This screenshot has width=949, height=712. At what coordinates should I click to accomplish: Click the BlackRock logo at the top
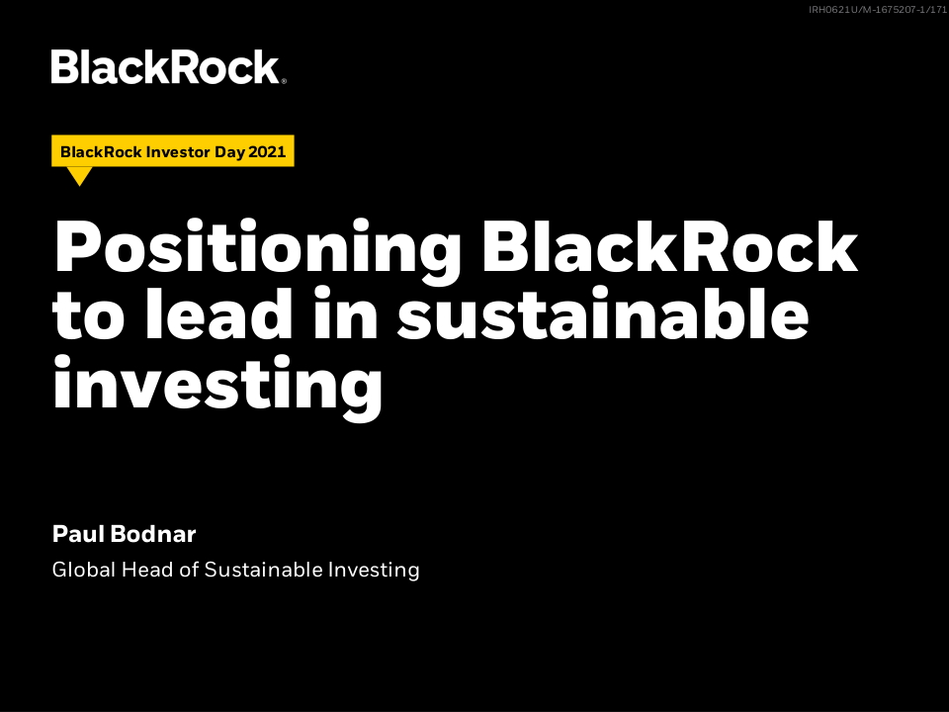(x=168, y=66)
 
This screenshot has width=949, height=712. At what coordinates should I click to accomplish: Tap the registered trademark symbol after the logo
(x=284, y=80)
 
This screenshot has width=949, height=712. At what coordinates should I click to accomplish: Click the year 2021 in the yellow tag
(x=267, y=151)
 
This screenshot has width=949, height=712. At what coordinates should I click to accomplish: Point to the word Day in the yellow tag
(x=230, y=152)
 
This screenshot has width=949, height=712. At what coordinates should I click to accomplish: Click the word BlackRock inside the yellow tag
(x=101, y=151)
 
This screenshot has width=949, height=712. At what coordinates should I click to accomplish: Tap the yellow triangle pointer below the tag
(x=79, y=176)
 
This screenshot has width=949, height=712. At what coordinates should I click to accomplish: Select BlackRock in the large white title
(x=670, y=247)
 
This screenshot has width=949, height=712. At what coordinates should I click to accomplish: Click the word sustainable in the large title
(x=603, y=313)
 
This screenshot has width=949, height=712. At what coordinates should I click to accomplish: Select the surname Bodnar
(x=153, y=534)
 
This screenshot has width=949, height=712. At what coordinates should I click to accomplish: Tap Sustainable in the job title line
(x=264, y=570)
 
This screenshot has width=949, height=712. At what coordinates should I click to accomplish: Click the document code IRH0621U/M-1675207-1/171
(x=878, y=10)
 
